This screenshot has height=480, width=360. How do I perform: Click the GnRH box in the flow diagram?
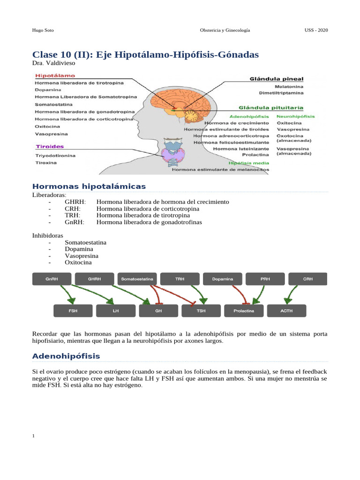[x=52, y=279]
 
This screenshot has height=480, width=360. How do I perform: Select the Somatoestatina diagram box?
[x=137, y=279]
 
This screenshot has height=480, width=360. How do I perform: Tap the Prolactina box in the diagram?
[x=244, y=311]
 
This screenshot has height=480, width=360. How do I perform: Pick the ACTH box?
[x=286, y=311]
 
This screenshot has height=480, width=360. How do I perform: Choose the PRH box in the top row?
[x=265, y=279]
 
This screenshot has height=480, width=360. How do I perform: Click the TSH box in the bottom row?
[x=201, y=311]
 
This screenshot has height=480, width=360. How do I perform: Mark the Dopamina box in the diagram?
[x=223, y=279]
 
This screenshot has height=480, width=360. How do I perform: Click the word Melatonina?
[x=289, y=87]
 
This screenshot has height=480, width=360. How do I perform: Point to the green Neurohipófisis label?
[x=296, y=116]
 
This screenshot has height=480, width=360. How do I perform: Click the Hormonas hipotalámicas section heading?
[x=89, y=187]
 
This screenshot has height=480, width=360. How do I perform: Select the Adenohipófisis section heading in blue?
[x=66, y=356]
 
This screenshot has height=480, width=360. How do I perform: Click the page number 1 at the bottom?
[x=34, y=436]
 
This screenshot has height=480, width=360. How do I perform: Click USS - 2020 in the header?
[x=316, y=30]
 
